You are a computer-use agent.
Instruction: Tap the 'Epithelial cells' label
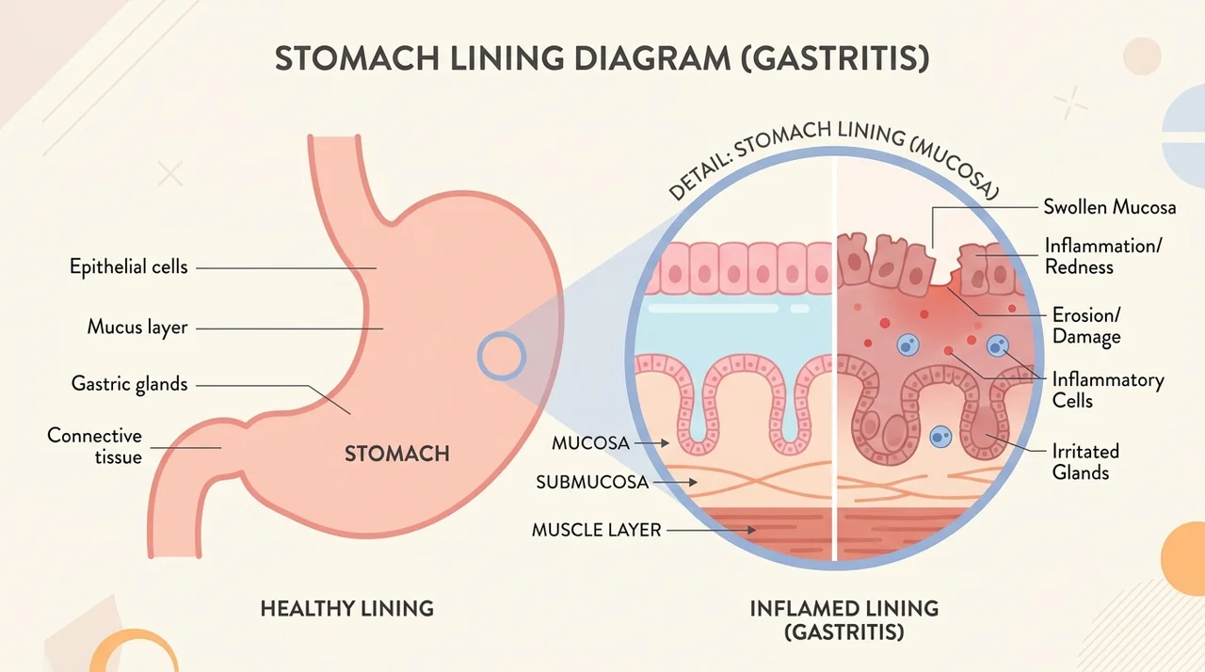point(129,266)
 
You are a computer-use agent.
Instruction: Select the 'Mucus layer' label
point(137,327)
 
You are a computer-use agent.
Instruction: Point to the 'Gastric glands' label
point(130,384)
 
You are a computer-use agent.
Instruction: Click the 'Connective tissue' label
point(95,446)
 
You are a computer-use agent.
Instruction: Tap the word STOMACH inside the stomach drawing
point(397,454)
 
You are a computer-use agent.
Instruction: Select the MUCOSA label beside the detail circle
point(590,443)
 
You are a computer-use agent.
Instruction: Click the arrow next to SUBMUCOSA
point(676,482)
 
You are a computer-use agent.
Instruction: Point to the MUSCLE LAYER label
point(597,530)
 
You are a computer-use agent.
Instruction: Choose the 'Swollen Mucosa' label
point(1110,207)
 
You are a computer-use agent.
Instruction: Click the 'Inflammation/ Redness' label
point(1103,256)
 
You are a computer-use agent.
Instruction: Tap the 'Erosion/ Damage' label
point(1086,326)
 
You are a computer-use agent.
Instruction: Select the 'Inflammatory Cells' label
point(1108,390)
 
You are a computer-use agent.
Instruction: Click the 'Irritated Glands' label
point(1085,462)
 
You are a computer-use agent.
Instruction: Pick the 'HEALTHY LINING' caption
point(347,609)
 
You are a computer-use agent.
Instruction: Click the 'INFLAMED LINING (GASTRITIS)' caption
point(844,620)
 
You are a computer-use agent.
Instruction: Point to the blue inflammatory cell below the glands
point(940,437)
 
